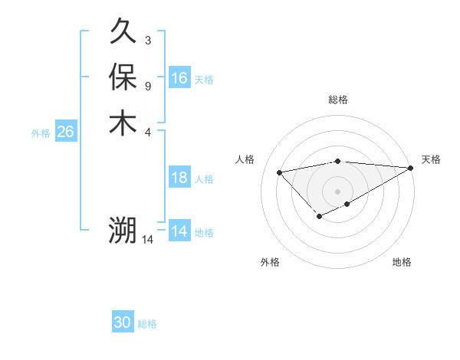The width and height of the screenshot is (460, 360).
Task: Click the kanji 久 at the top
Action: pyautogui.click(x=123, y=32)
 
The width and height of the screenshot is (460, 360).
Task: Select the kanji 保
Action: pyautogui.click(x=123, y=77)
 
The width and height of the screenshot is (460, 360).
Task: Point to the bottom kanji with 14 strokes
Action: pyautogui.click(x=123, y=230)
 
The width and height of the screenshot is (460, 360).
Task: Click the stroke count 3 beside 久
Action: pyautogui.click(x=147, y=40)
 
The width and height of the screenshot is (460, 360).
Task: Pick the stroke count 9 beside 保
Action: pyautogui.click(x=147, y=85)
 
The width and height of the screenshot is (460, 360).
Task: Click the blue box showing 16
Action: pyautogui.click(x=179, y=78)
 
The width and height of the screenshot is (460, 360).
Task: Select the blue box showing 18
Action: pyautogui.click(x=179, y=178)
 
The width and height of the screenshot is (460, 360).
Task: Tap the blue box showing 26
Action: pyautogui.click(x=65, y=132)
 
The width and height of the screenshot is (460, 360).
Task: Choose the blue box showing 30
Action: pyautogui.click(x=123, y=322)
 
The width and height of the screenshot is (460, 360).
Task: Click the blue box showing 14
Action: pyautogui.click(x=179, y=231)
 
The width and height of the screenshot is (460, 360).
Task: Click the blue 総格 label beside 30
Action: pyautogui.click(x=147, y=324)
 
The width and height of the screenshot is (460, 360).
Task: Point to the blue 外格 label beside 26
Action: pyautogui.click(x=41, y=133)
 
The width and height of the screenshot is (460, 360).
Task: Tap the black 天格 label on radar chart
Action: pyautogui.click(x=431, y=159)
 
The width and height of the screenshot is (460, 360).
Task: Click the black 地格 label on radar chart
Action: pyautogui.click(x=402, y=263)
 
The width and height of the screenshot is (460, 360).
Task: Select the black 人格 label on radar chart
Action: pyautogui.click(x=245, y=159)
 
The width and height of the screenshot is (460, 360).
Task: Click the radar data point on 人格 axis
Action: pyautogui.click(x=279, y=172)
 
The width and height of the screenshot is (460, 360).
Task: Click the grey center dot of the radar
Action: pyautogui.click(x=338, y=191)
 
